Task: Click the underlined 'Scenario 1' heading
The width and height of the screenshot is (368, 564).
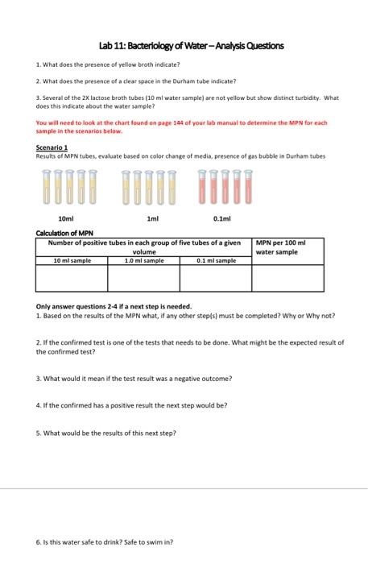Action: coord(54,147)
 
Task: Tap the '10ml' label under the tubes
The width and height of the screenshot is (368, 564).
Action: coord(68,218)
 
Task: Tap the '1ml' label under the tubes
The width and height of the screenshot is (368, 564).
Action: coord(149,218)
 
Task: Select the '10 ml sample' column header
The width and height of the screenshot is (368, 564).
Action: coord(72,260)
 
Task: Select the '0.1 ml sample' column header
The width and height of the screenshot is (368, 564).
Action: coord(215,260)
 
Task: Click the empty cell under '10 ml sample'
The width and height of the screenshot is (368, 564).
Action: coord(72,277)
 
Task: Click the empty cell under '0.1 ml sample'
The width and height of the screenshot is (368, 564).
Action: coord(215,277)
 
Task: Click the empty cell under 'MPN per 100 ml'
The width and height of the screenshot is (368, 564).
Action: coord(288,277)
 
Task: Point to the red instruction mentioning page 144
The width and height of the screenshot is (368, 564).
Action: coord(181,126)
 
